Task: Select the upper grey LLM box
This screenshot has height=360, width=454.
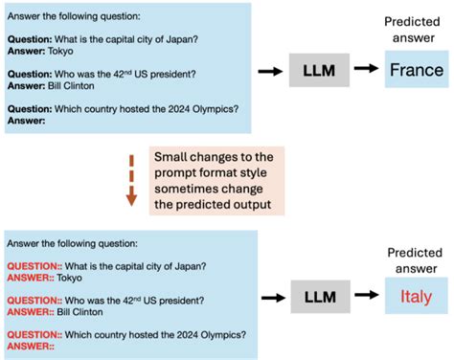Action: click(318, 70)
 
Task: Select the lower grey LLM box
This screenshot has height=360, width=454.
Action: click(318, 297)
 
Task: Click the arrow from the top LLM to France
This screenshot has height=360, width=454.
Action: click(365, 70)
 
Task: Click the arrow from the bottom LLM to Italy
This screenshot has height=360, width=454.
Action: click(365, 297)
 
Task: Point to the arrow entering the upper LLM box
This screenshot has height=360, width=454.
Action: click(269, 70)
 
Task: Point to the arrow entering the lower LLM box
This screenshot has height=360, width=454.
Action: click(269, 297)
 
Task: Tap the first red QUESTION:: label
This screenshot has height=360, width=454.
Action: click(35, 267)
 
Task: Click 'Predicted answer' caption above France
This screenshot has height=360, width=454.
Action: click(414, 30)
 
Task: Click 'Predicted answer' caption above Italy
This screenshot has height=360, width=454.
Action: click(414, 255)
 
